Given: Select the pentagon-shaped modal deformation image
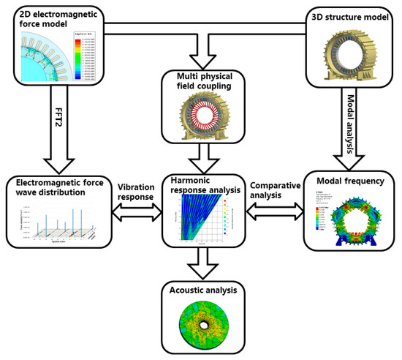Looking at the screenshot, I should [x=351, y=220].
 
